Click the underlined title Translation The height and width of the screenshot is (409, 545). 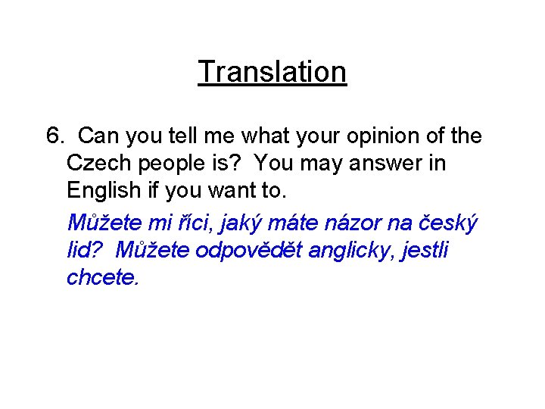pyautogui.click(x=272, y=72)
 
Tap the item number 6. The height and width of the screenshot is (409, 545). pyautogui.click(x=55, y=136)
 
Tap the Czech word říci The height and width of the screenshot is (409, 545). pyautogui.click(x=191, y=223)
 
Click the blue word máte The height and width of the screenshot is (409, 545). pyautogui.click(x=297, y=223)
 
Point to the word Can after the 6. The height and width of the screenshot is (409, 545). pyautogui.click(x=98, y=136)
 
